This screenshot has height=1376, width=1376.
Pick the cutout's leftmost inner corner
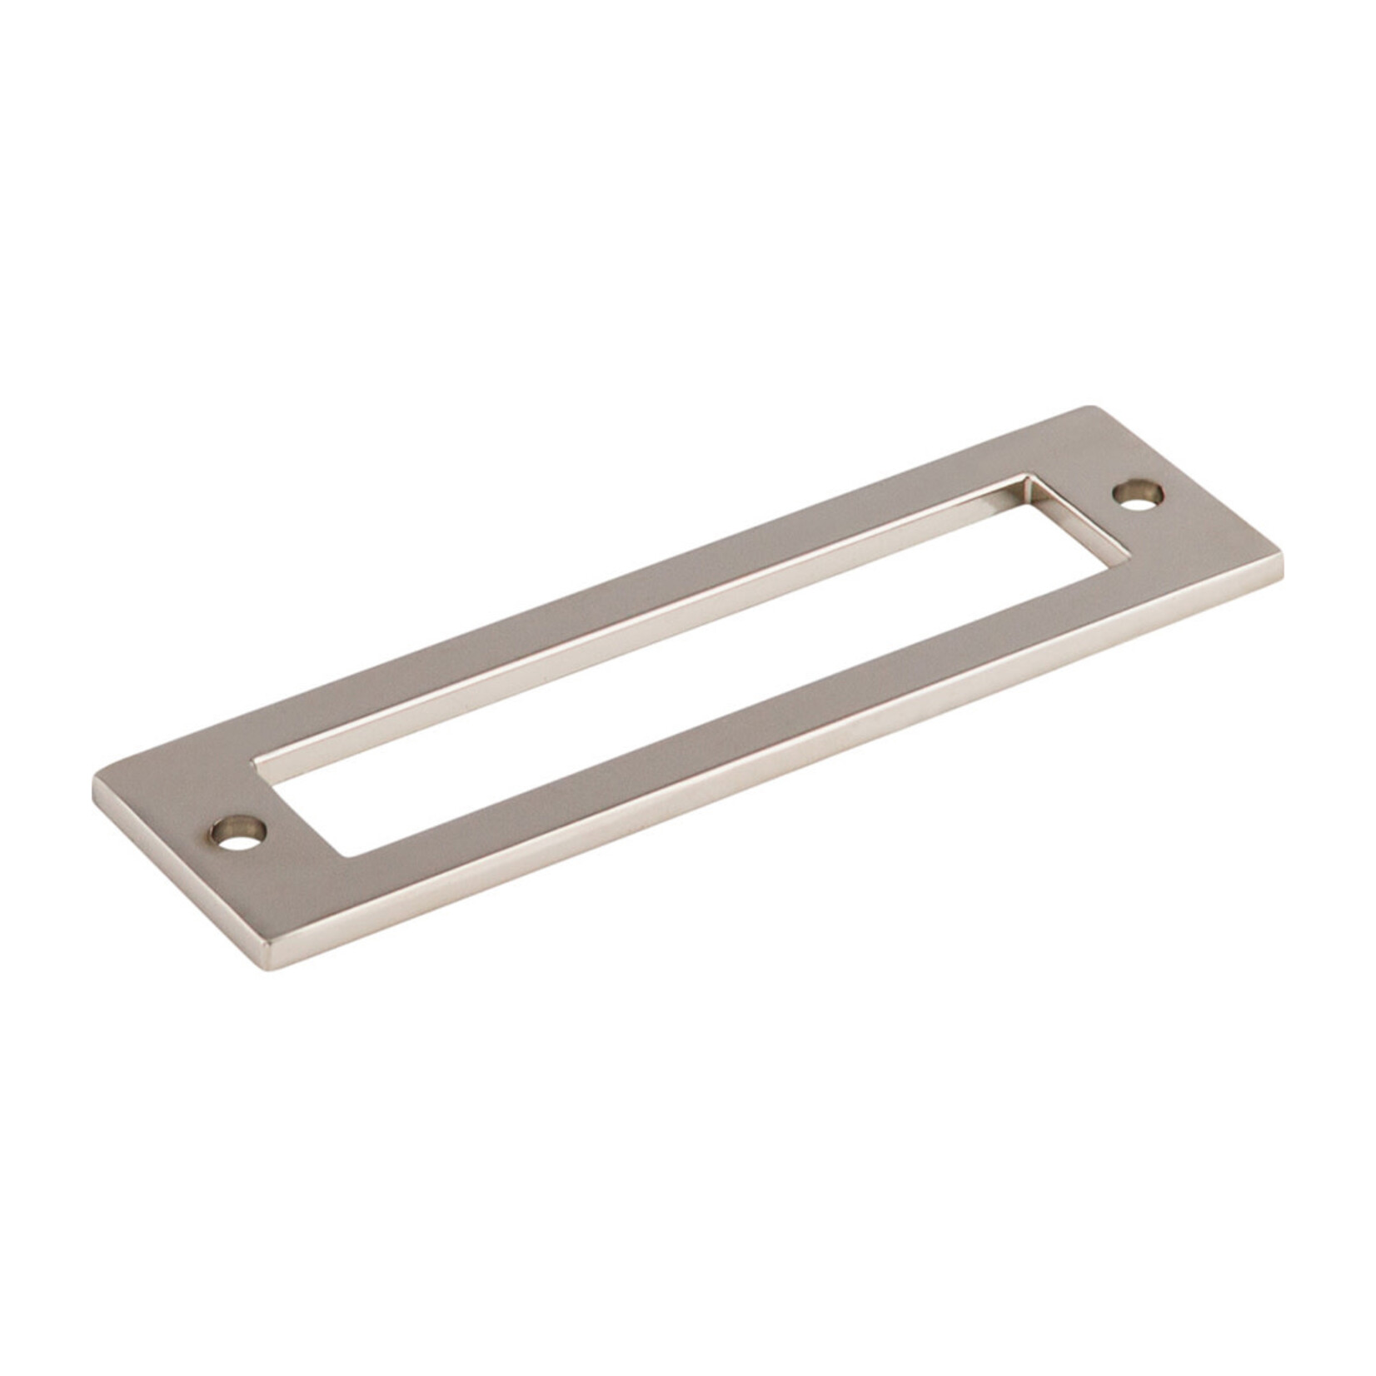coord(255,760)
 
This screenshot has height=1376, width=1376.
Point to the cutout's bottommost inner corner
coord(348,856)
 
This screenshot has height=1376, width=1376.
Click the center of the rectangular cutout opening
coord(691,666)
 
